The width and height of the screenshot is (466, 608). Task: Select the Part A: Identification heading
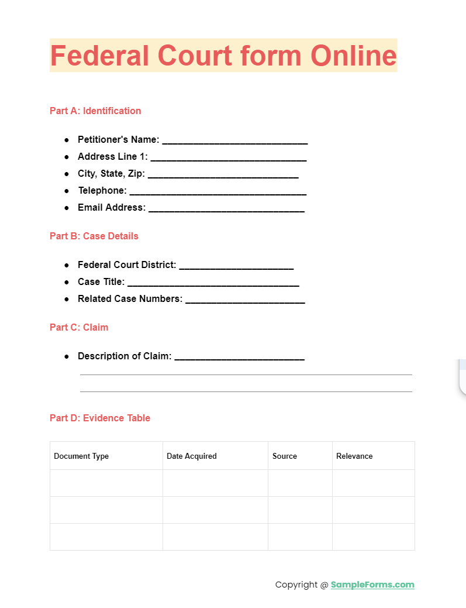(95, 111)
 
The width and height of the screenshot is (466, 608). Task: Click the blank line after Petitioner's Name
(234, 141)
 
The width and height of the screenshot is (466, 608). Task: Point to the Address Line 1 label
(112, 157)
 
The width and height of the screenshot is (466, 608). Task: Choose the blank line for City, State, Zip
(223, 175)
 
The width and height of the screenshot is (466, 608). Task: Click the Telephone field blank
(218, 192)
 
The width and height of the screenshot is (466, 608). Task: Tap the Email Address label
(112, 208)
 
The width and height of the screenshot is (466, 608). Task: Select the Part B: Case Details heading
(94, 236)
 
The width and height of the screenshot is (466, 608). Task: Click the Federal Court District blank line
(236, 266)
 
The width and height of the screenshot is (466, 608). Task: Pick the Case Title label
(101, 282)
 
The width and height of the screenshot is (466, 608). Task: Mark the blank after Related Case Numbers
(245, 300)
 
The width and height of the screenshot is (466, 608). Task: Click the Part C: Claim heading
(79, 327)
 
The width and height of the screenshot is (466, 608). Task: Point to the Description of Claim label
(125, 356)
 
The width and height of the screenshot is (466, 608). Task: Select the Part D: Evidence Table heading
(100, 418)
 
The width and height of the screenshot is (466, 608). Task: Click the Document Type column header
(81, 456)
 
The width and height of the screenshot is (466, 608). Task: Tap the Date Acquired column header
(192, 456)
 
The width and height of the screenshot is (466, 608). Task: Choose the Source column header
(285, 456)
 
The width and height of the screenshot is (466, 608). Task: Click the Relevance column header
(354, 456)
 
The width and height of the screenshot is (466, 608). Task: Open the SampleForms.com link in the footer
(372, 585)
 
